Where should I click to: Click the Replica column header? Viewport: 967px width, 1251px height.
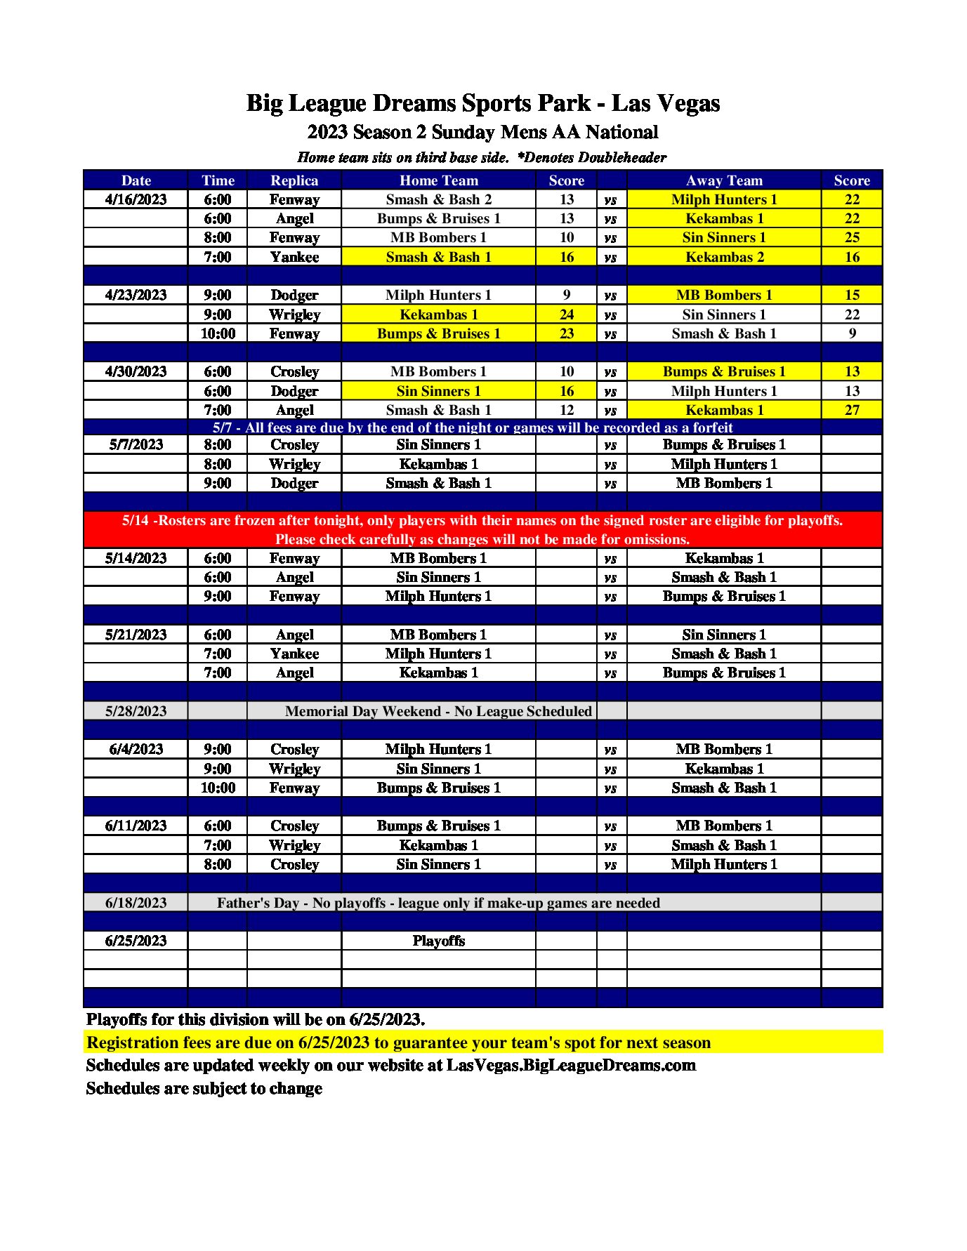click(x=294, y=180)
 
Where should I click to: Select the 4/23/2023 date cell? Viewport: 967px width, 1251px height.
click(x=136, y=295)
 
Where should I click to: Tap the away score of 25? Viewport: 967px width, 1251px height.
click(x=851, y=237)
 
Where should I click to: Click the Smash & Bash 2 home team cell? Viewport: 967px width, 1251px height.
click(x=438, y=199)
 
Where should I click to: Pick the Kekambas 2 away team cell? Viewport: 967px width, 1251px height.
click(x=724, y=257)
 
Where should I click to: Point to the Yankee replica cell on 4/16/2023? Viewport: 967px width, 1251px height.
click(x=294, y=257)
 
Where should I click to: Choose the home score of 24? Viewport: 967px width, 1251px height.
click(x=566, y=315)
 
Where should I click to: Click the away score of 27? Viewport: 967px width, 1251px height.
click(x=851, y=410)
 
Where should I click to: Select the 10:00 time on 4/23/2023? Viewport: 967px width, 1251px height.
click(x=218, y=333)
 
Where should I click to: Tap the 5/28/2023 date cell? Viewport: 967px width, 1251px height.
click(x=136, y=711)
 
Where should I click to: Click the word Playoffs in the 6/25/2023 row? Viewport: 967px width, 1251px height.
click(x=438, y=941)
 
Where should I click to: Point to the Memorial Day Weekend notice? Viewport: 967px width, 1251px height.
click(x=438, y=711)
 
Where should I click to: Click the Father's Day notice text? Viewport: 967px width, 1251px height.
click(x=438, y=903)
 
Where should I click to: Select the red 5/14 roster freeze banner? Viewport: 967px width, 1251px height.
click(x=482, y=529)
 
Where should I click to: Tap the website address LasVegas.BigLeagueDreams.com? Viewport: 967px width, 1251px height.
click(x=571, y=1065)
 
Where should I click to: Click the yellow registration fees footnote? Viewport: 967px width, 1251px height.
click(x=398, y=1042)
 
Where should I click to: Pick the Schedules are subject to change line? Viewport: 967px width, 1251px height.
click(x=204, y=1088)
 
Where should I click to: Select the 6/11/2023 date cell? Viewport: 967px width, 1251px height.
click(x=136, y=826)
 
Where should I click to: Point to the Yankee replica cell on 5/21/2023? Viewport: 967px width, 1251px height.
click(x=294, y=654)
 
